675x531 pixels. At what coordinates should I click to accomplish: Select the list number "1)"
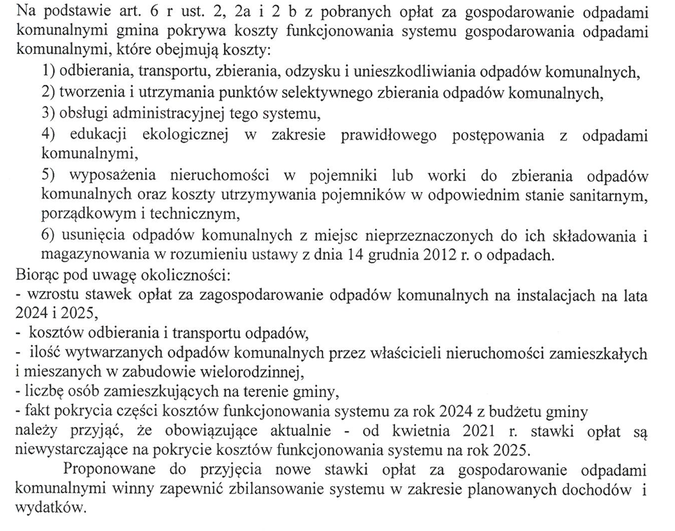click(x=49, y=71)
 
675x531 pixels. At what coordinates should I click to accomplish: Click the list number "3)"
click(x=49, y=112)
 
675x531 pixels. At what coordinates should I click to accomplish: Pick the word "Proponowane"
click(x=105, y=469)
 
